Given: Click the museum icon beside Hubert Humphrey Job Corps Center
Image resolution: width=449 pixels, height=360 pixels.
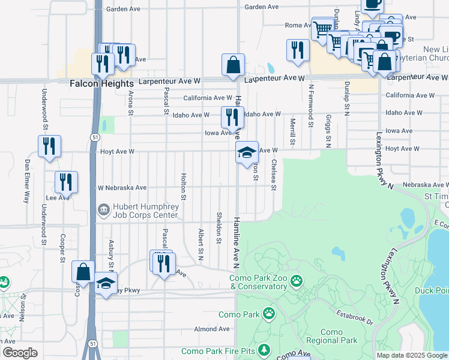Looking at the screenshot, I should (x=102, y=209).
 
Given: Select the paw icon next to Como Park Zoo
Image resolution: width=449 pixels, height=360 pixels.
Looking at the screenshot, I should (x=296, y=280).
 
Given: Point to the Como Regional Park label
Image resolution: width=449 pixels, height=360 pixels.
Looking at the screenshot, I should (x=331, y=336).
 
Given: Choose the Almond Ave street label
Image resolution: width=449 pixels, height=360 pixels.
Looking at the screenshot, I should (x=212, y=329).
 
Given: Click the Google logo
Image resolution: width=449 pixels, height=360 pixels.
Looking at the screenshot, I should (x=20, y=353).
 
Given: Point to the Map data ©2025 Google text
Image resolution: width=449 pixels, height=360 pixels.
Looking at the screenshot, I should (x=411, y=355).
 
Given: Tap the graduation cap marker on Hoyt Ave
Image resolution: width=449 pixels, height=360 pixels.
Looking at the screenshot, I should (x=246, y=152).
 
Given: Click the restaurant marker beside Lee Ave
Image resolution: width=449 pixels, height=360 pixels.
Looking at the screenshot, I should (x=66, y=181).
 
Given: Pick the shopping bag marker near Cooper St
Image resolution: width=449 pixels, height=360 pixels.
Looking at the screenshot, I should (x=83, y=271).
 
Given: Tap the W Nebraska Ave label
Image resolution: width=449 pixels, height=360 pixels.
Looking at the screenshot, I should (x=122, y=188).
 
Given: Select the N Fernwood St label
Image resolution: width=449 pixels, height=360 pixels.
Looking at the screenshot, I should (x=311, y=106).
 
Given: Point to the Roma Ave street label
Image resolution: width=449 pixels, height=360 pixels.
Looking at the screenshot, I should (x=297, y=25).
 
